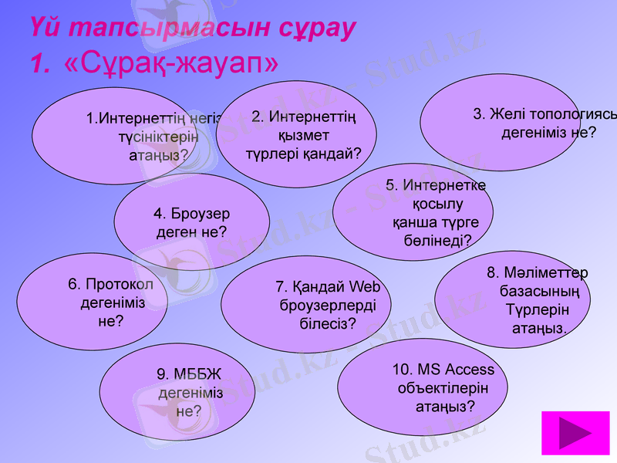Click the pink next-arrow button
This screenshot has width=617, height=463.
(575, 434)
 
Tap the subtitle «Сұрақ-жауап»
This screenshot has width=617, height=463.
(172, 63)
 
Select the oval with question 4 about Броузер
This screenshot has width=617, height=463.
(191, 222)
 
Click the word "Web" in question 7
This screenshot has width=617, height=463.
(364, 287)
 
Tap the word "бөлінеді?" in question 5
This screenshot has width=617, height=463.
(437, 240)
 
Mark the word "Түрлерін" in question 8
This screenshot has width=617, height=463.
(538, 310)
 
